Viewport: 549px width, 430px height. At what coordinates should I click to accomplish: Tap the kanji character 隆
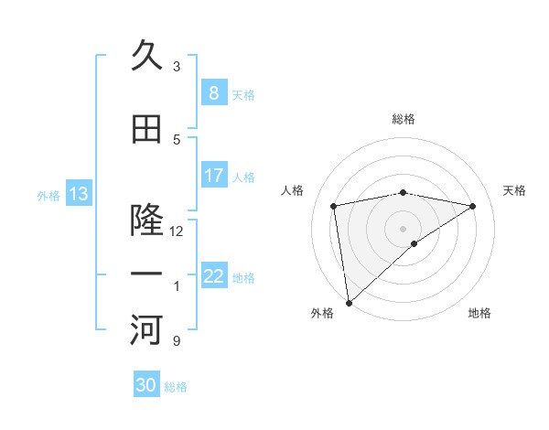(x=146, y=220)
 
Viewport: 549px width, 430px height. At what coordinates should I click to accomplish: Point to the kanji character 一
(x=146, y=274)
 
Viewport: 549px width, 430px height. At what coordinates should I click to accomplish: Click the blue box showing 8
(x=213, y=92)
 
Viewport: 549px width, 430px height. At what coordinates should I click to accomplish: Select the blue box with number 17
(x=213, y=175)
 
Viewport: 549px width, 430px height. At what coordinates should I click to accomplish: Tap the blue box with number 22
(x=213, y=275)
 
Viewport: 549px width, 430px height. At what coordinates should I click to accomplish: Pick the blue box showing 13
(x=78, y=193)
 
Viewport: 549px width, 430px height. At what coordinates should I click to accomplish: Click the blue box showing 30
(x=145, y=385)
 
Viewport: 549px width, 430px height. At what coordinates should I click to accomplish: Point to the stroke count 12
(x=177, y=231)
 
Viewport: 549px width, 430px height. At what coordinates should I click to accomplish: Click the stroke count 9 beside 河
(x=177, y=341)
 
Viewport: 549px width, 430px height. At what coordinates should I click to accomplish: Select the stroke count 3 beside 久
(x=177, y=66)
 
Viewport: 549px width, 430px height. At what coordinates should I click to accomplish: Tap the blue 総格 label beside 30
(x=176, y=387)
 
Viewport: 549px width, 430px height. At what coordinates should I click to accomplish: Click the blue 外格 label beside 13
(x=48, y=195)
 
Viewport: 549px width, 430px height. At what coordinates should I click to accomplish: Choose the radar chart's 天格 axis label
(x=514, y=190)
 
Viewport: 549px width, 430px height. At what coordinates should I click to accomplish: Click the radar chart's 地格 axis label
(x=479, y=313)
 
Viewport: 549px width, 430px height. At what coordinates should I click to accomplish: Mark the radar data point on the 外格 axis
(x=349, y=302)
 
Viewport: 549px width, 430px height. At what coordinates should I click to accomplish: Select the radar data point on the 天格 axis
(x=472, y=206)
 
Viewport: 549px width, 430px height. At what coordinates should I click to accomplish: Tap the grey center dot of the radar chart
(x=403, y=227)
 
